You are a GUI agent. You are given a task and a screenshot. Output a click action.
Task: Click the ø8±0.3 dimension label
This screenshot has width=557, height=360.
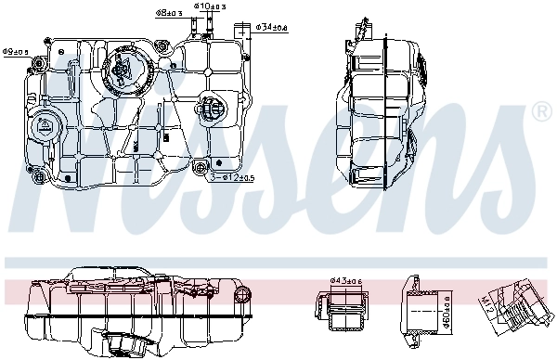pyautogui.click(x=167, y=14)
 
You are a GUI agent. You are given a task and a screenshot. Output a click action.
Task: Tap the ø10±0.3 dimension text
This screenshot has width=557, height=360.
pyautogui.click(x=210, y=6)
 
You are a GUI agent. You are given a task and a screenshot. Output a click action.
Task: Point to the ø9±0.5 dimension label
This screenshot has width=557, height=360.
pyautogui.click(x=16, y=51)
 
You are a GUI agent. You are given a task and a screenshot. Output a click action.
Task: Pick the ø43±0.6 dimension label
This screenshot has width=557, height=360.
pyautogui.click(x=346, y=281)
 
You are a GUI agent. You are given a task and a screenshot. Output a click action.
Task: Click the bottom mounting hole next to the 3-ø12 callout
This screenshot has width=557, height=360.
pyautogui.click(x=200, y=168)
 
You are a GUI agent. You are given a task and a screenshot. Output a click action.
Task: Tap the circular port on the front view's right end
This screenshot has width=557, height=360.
pyautogui.click(x=243, y=295)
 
